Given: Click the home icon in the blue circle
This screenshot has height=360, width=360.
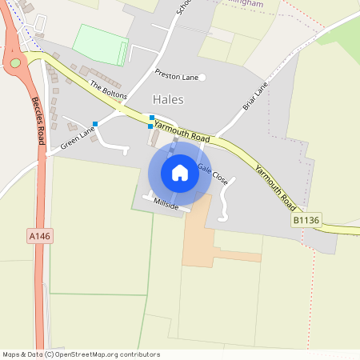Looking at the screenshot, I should tap(180, 173).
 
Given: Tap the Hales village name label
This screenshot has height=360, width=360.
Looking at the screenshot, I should tap(167, 100).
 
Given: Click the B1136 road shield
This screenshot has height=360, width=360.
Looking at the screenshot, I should tap(303, 218).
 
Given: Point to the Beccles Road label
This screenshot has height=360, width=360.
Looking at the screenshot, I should tap(38, 121).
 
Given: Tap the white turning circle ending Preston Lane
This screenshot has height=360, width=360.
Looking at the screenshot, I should tap(202, 78).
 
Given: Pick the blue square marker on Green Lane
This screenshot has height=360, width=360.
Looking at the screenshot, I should tap(95, 123).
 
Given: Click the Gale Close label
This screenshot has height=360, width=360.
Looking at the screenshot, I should tap(213, 174).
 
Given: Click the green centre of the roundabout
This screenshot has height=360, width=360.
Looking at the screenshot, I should tap(15, 62).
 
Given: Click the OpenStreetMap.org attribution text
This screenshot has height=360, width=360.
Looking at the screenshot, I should tap(104, 354).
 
